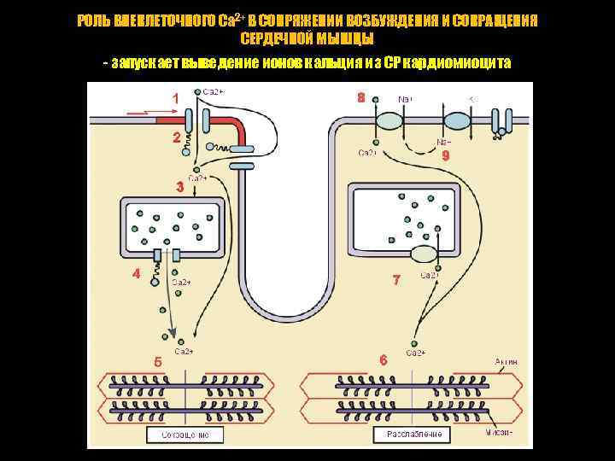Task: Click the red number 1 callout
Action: pyautogui.click(x=176, y=99)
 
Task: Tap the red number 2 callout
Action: pyautogui.click(x=176, y=137)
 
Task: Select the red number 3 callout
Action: pyautogui.click(x=179, y=187)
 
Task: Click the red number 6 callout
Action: pyautogui.click(x=384, y=360)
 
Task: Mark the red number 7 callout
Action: pyautogui.click(x=395, y=280)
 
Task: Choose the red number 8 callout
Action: pyautogui.click(x=361, y=98)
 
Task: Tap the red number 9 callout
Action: pyautogui.click(x=444, y=156)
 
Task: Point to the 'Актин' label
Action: pyautogui.click(x=506, y=362)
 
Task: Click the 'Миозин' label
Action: pyautogui.click(x=504, y=432)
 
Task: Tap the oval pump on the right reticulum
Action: pyautogui.click(x=425, y=254)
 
